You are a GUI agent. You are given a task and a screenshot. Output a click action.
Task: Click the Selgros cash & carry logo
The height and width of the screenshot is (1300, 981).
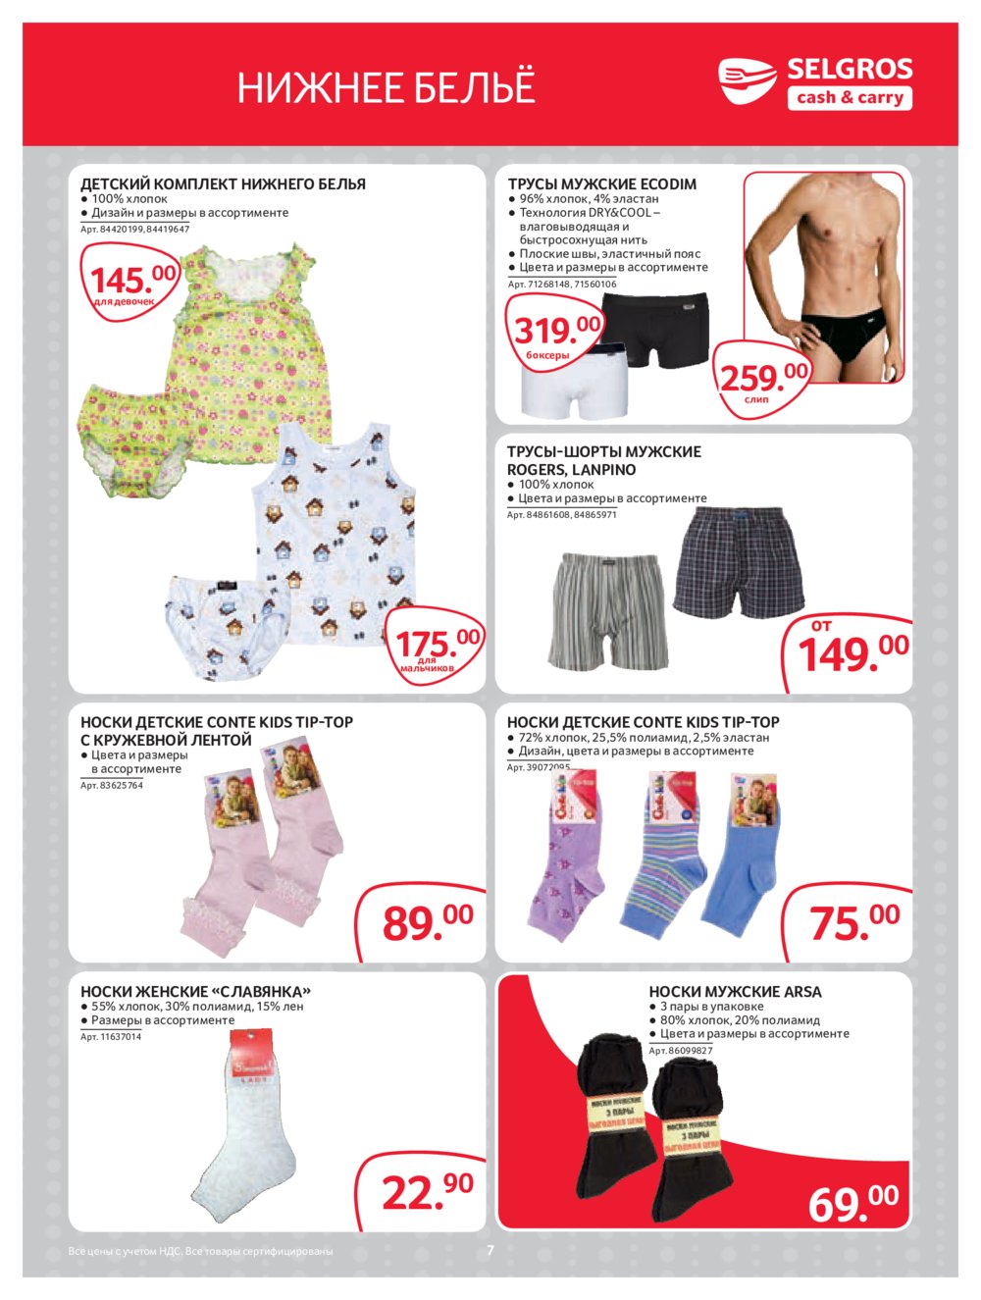pos(815,82)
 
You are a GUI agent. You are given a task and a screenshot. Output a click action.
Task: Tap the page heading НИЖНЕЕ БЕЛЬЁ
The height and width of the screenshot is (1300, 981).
pos(386,88)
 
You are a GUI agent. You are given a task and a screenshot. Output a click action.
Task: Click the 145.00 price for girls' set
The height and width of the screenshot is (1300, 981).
pos(132,282)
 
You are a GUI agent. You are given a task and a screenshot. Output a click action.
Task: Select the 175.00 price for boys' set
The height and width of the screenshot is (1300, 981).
pos(438,645)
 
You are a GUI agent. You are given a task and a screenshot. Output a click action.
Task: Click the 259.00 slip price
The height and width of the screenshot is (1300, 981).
pos(764,377)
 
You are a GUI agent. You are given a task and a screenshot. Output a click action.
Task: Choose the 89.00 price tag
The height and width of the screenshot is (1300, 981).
pos(427,921)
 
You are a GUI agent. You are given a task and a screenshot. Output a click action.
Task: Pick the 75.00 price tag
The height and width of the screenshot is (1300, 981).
pos(853,921)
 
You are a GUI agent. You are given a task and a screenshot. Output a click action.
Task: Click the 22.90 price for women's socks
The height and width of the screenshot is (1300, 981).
pos(427,1191)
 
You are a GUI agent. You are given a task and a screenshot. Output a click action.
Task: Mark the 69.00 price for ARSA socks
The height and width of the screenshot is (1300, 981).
pos(852,1202)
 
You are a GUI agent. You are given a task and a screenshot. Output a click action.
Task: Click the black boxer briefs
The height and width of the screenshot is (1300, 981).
pos(656,328)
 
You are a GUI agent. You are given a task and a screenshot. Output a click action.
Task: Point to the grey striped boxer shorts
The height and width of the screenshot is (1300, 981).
pos(608,609)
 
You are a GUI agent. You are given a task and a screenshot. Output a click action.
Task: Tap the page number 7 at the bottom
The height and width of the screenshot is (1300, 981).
pos(490,1250)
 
